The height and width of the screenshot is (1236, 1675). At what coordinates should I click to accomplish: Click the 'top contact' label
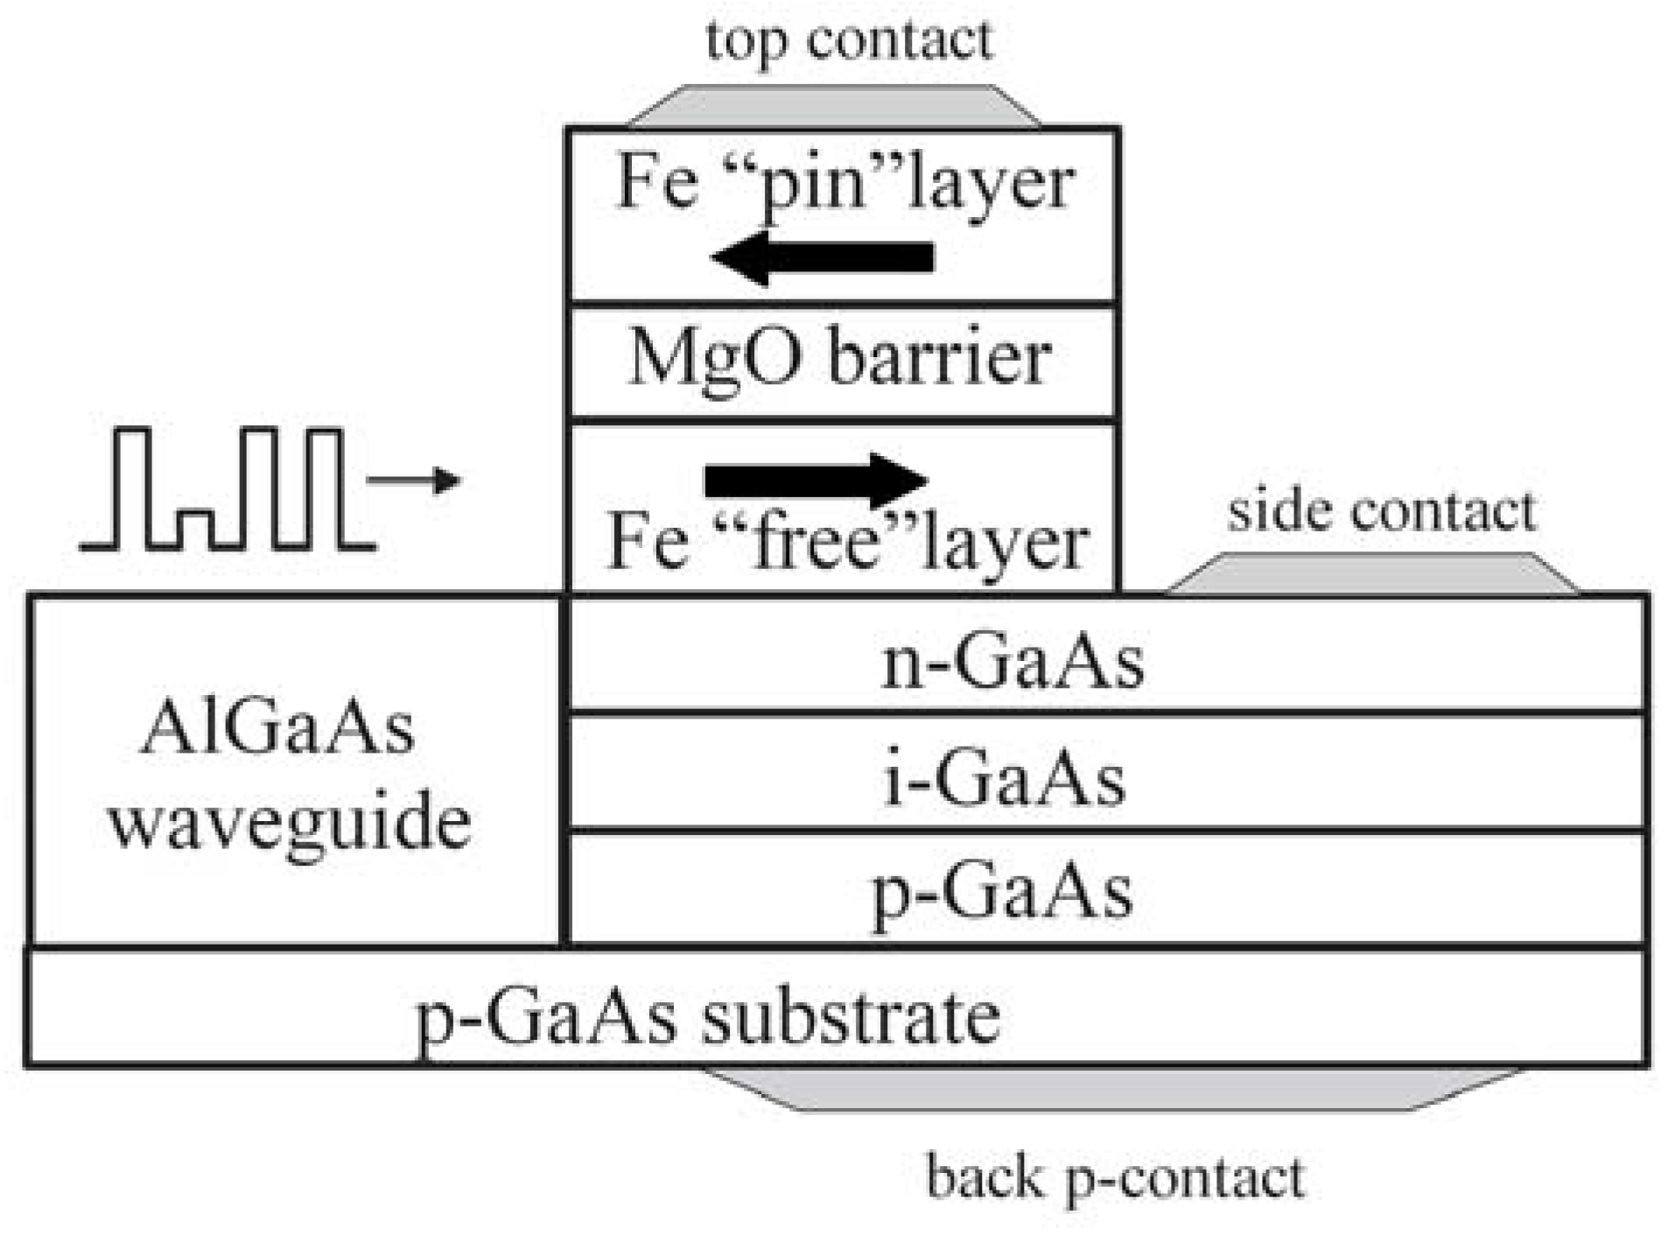click(849, 41)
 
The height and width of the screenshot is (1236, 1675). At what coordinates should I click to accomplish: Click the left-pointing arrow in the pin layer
click(823, 257)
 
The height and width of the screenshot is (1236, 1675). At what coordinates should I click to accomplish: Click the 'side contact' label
click(1381, 511)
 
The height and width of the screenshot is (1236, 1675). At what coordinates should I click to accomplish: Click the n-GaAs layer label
click(1013, 663)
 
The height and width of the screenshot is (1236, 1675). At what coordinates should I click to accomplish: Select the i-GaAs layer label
click(1004, 779)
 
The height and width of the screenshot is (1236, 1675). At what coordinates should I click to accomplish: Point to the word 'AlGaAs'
click(277, 728)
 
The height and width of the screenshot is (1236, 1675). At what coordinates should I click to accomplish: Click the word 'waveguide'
click(291, 823)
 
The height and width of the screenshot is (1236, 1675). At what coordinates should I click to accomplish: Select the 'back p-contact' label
click(1115, 1178)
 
